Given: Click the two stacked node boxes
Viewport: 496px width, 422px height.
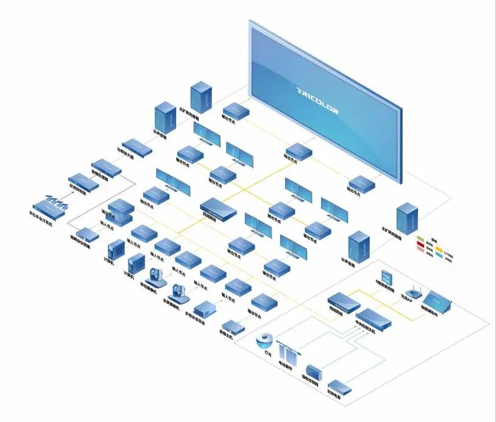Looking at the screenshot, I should coord(121,211).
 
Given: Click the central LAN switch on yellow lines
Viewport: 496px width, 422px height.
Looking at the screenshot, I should coord(218,208).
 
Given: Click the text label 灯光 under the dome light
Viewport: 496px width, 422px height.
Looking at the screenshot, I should coord(266,354).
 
